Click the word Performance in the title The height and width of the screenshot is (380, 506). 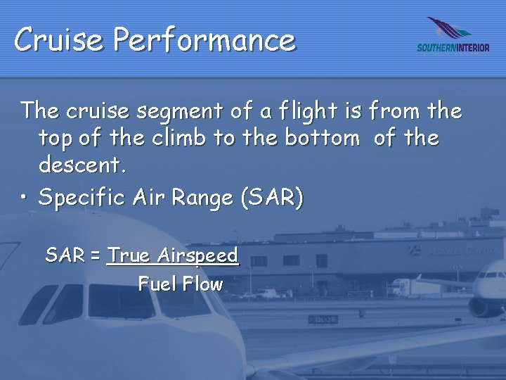coord(205,39)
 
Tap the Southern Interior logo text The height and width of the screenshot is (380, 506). coord(453,48)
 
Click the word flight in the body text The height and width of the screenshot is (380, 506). coord(309,111)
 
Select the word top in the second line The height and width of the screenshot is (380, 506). coord(56,138)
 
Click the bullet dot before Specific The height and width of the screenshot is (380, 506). coord(25,198)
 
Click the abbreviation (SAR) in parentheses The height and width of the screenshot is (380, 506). coord(272,198)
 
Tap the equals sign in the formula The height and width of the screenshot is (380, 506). coord(96,255)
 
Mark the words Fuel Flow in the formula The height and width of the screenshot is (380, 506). coord(180,284)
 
